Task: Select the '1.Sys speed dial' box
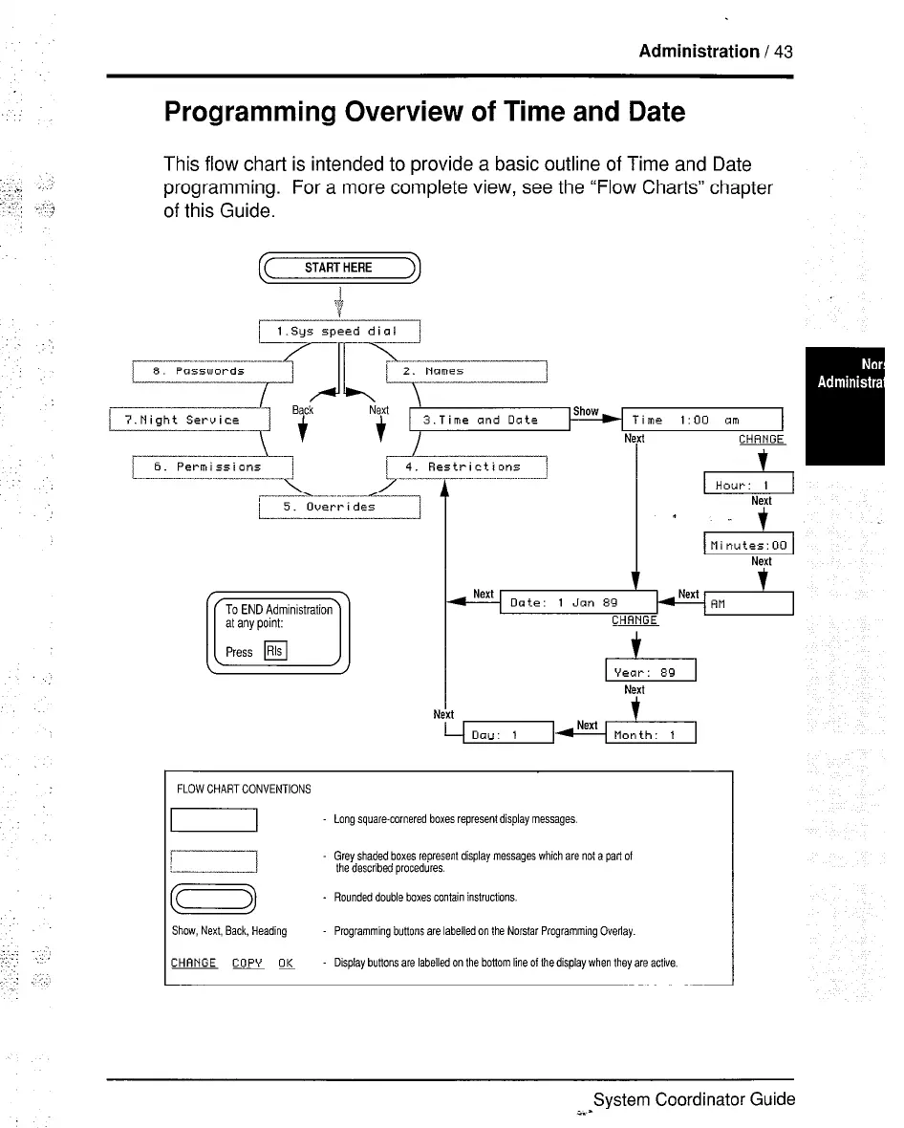(339, 332)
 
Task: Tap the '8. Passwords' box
(211, 371)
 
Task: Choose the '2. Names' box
(465, 371)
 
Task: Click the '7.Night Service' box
(191, 420)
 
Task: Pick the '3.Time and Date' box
(488, 420)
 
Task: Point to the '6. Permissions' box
(211, 467)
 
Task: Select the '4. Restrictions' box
(465, 467)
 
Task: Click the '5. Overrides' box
(339, 507)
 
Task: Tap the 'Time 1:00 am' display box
(702, 420)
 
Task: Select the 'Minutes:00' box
(747, 546)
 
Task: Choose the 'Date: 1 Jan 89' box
(578, 603)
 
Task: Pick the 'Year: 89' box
(651, 672)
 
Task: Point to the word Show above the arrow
(585, 411)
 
